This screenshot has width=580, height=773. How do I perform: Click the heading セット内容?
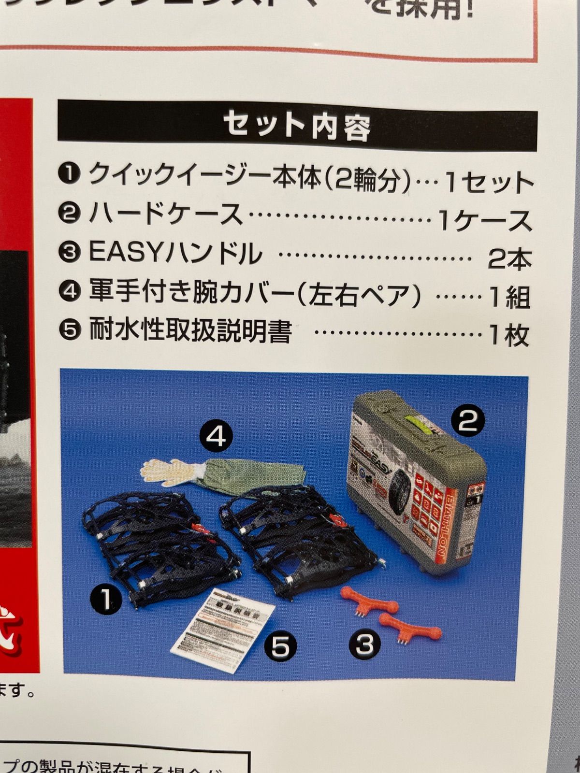pyautogui.click(x=297, y=127)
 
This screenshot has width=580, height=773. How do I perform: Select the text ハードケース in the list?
pyautogui.click(x=166, y=214)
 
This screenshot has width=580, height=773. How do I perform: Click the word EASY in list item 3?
pyautogui.click(x=128, y=253)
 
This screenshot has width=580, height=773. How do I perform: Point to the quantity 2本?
pyautogui.click(x=509, y=259)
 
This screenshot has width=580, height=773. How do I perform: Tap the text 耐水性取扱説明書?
pyautogui.click(x=190, y=332)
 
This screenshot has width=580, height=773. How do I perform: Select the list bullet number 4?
pyautogui.click(x=70, y=291)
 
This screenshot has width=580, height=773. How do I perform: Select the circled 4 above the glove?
pyautogui.click(x=216, y=437)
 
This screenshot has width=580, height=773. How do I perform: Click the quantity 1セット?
pyautogui.click(x=488, y=183)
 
